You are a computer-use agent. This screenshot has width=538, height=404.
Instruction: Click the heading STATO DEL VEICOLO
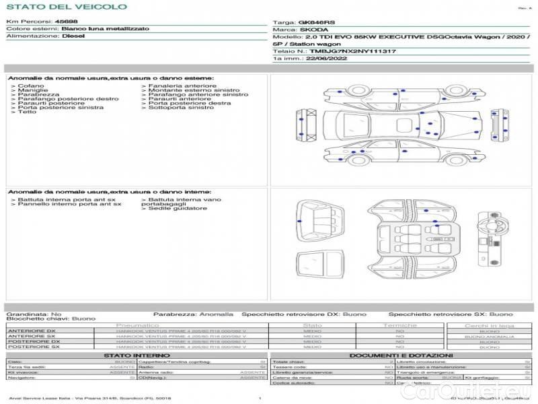pyautogui.click(x=67, y=7)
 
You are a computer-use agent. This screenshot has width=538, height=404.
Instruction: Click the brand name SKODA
pyautogui.click(x=313, y=30)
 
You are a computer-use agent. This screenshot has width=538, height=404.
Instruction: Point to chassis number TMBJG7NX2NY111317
pyautogui.click(x=352, y=50)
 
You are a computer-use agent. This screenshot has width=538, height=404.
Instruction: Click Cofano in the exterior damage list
pyautogui.click(x=31, y=86)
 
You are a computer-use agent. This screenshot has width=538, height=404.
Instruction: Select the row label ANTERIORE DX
pyautogui.click(x=32, y=331)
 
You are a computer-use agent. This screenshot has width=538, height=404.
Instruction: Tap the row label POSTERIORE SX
pyautogui.click(x=32, y=347)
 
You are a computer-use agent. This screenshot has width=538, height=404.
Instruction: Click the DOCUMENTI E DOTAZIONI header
pyautogui.click(x=401, y=355)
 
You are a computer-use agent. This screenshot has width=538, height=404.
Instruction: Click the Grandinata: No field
pyautogui.click(x=34, y=314)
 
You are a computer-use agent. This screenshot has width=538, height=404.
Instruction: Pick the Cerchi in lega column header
pyautogui.click(x=489, y=325)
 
